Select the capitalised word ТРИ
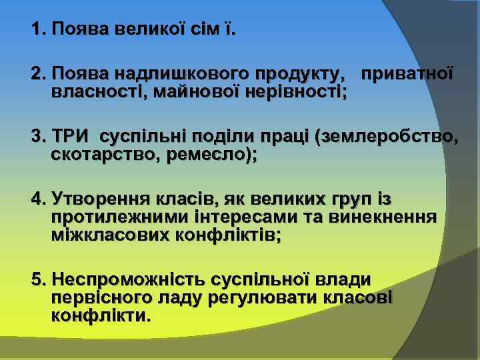click(x=71, y=137)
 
